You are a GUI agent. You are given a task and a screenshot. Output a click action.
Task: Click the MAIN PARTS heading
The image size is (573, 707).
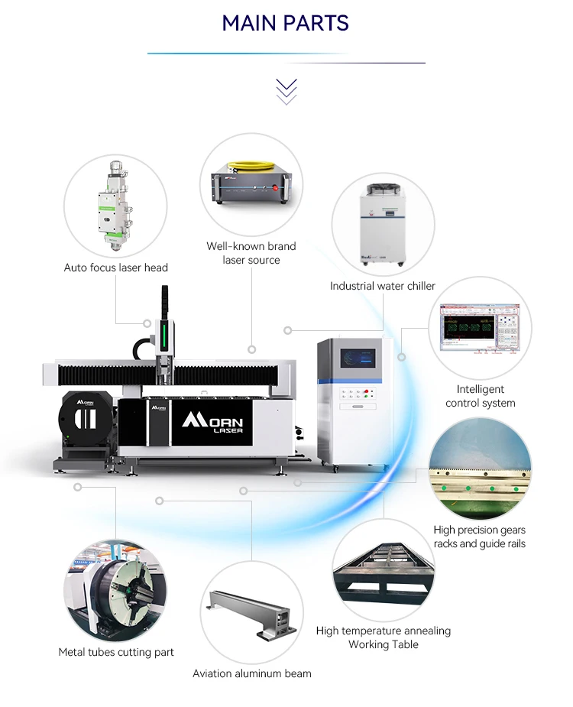click(286, 24)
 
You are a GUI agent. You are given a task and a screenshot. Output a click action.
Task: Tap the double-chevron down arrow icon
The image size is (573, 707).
click(286, 91)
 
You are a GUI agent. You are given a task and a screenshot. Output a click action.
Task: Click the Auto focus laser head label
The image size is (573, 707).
click(116, 268)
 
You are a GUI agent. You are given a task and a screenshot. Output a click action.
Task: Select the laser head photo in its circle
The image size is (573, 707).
click(115, 206)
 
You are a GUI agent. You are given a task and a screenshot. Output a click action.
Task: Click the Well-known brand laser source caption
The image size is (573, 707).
click(251, 253)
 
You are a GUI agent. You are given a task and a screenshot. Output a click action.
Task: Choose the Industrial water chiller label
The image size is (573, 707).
click(383, 286)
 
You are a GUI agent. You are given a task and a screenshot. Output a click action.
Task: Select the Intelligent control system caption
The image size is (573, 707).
click(481, 396)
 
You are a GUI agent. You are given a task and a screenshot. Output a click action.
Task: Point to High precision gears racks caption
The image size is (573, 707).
click(480, 537)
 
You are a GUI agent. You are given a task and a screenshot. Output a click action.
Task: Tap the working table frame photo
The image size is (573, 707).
click(384, 570)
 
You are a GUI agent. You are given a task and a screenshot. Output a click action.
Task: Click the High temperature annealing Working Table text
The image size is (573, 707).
click(384, 637)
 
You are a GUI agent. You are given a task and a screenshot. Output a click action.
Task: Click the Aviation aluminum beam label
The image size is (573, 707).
click(252, 673)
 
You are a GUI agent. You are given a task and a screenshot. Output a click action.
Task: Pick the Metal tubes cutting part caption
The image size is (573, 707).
click(116, 652)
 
